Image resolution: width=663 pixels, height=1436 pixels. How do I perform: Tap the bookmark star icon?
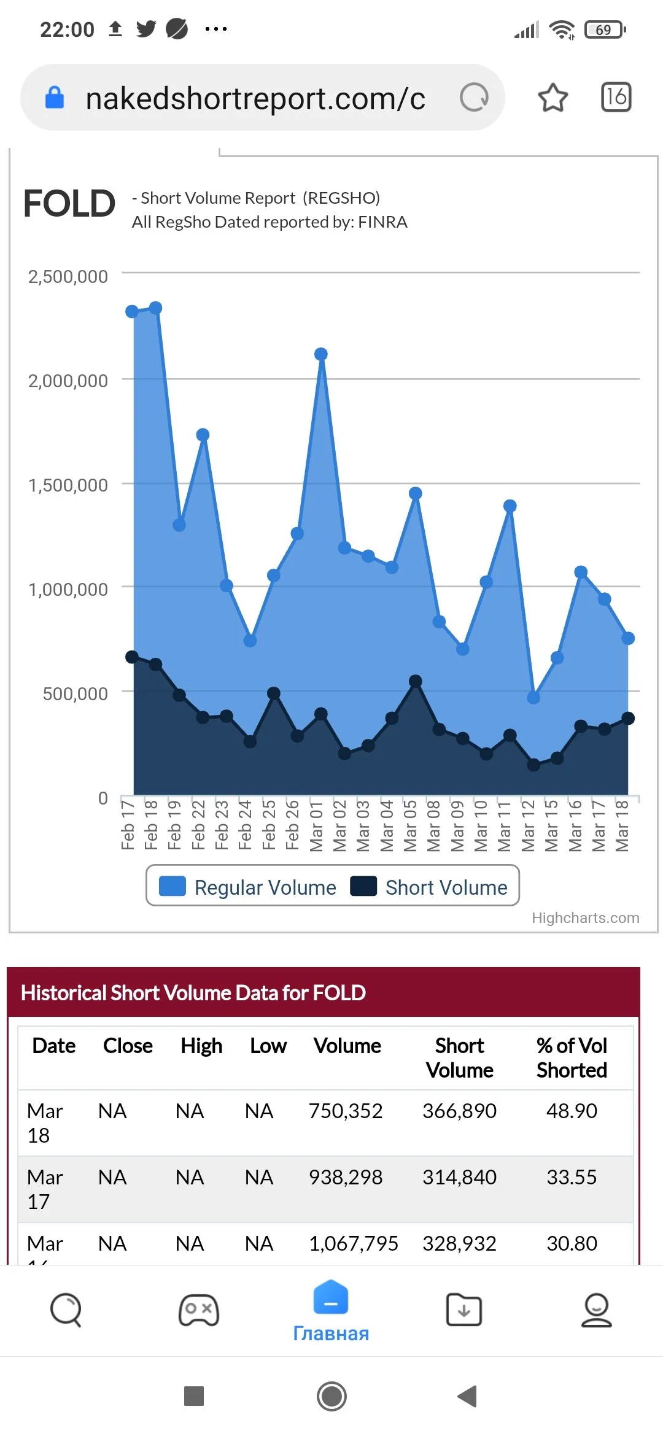[552, 98]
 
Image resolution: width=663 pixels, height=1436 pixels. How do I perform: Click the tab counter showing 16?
[616, 97]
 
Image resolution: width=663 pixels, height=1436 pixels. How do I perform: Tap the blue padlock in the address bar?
[55, 97]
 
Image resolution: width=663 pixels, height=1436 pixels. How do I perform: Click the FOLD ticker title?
[69, 204]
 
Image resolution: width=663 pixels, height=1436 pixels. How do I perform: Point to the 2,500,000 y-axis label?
[68, 277]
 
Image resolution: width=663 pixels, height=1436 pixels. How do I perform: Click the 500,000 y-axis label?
[76, 694]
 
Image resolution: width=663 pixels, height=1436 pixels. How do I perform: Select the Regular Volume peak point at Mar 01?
[320, 354]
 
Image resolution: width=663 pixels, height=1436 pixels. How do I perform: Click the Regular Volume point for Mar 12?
[533, 698]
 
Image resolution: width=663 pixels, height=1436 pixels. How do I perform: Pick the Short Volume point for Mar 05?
[415, 681]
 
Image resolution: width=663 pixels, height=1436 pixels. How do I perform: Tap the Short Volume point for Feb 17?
[132, 657]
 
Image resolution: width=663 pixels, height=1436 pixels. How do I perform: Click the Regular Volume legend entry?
[247, 887]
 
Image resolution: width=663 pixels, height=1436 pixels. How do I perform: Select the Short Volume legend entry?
[429, 887]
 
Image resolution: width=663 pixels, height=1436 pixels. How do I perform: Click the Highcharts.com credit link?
[586, 918]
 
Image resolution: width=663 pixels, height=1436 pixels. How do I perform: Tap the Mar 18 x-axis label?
[622, 825]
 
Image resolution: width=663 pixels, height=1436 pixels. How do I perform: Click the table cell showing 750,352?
[346, 1111]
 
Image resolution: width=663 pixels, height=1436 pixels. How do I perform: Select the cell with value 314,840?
[459, 1177]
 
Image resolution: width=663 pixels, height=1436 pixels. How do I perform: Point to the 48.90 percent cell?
[572, 1111]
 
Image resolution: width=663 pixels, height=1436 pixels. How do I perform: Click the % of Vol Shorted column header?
[572, 1058]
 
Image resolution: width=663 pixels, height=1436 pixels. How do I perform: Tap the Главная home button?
[331, 1311]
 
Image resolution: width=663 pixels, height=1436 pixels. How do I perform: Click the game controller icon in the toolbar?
[198, 1310]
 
